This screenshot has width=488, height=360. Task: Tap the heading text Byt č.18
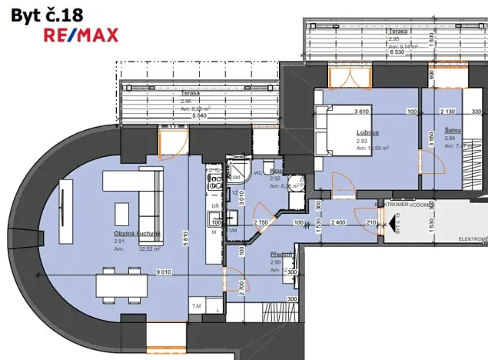tap(48, 13)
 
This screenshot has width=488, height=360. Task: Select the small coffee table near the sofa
tap(121, 212)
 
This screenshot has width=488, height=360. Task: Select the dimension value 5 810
tap(185, 239)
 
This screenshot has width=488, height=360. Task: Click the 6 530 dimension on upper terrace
tap(397, 52)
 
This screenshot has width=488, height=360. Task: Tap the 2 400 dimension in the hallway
tap(337, 223)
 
